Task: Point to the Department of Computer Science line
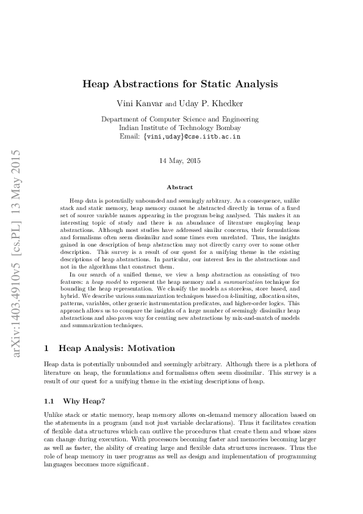[180, 120]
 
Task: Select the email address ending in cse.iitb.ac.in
[192, 137]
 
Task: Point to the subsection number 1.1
[50, 401]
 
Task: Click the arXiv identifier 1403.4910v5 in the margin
[18, 292]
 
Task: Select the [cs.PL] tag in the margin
[18, 225]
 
